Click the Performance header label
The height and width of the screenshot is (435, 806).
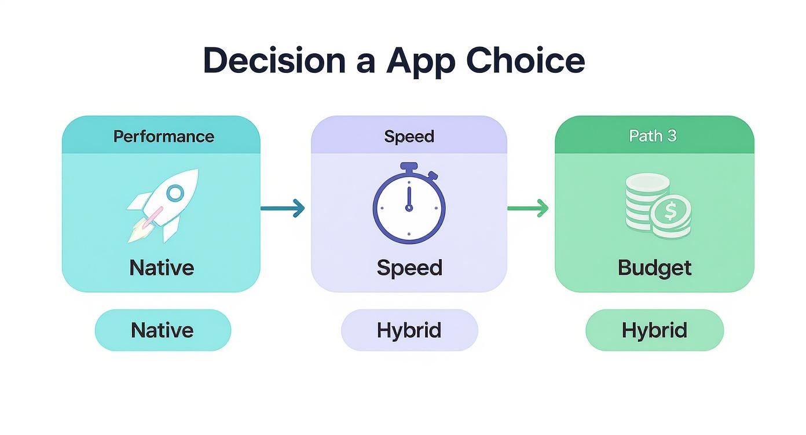(x=163, y=137)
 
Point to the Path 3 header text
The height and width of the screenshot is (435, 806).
(x=653, y=136)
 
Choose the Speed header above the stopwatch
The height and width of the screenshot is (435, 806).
(x=409, y=137)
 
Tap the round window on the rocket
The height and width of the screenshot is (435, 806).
(x=175, y=193)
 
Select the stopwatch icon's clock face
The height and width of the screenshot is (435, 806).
(x=409, y=207)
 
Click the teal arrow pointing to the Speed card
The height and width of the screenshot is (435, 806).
(x=283, y=208)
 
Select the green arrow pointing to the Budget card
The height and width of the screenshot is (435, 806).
(x=528, y=208)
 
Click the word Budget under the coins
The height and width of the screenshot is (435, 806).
(x=654, y=268)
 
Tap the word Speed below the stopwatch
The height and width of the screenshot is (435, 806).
(x=409, y=268)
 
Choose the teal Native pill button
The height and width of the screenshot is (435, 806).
(x=163, y=330)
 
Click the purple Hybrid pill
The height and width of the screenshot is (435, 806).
(x=409, y=330)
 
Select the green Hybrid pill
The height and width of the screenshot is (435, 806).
(x=654, y=330)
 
